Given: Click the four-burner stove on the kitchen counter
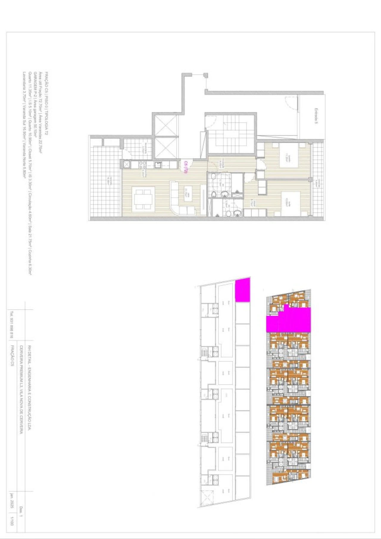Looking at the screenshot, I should click(143, 165).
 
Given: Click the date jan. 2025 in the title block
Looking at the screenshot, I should click(12, 501).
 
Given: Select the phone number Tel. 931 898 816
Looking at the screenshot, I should click(12, 325).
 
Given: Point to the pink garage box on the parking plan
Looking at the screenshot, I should click(243, 290).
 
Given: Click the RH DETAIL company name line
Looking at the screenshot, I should click(29, 387).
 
